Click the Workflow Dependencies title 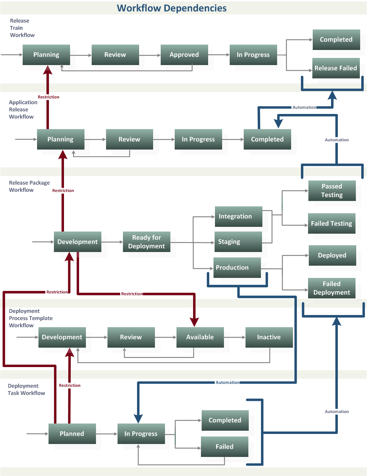click(x=171, y=8)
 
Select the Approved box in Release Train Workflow click(x=184, y=55)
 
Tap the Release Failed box click(x=336, y=68)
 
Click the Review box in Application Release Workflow click(x=129, y=139)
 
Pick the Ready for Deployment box click(x=146, y=242)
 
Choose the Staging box click(x=238, y=242)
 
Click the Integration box click(x=238, y=216)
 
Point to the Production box click(x=237, y=267)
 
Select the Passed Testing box click(x=332, y=191)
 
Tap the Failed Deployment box click(x=331, y=288)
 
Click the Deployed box click(x=332, y=255)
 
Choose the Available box click(x=200, y=337)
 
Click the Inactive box click(x=269, y=337)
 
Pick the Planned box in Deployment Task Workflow click(x=72, y=434)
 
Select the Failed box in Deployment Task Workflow click(x=224, y=447)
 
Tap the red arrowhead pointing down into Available click(x=194, y=321)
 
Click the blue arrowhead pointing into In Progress click(x=138, y=418)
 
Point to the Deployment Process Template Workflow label click(x=31, y=318)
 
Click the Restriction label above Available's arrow click(x=132, y=294)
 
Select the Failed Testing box click(x=331, y=223)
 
